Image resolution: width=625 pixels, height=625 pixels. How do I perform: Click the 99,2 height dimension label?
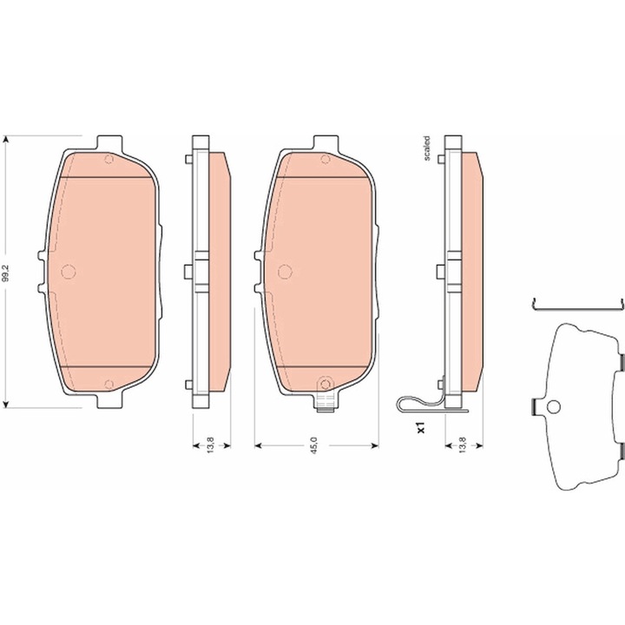click(x=5, y=272)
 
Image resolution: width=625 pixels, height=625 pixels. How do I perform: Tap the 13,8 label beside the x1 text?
click(x=463, y=445)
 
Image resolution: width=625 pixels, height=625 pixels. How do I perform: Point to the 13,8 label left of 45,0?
click(x=211, y=445)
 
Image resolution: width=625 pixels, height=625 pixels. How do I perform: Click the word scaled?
click(x=427, y=148)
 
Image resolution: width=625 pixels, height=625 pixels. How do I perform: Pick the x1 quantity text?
click(x=421, y=428)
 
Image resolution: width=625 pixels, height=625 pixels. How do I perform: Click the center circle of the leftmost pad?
click(x=69, y=272)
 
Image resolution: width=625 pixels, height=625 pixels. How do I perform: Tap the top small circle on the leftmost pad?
click(x=109, y=160)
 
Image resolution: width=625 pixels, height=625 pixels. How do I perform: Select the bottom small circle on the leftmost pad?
click(x=109, y=385)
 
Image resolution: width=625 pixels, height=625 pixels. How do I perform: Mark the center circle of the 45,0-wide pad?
click(x=285, y=272)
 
